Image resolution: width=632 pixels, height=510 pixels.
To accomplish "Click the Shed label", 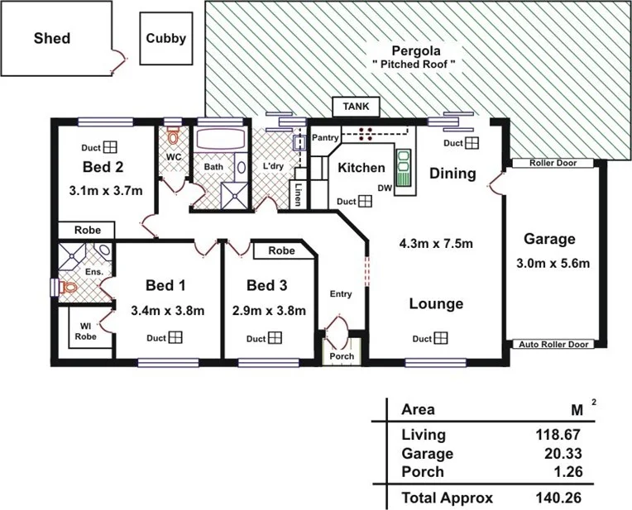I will click(x=51, y=38).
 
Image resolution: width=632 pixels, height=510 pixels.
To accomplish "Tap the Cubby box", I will click(x=166, y=38).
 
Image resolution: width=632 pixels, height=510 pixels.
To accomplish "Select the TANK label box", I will click(x=356, y=107).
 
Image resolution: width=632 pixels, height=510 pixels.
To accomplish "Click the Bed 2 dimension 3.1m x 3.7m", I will click(x=106, y=191).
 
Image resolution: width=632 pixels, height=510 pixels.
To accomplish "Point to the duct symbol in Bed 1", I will click(x=176, y=337).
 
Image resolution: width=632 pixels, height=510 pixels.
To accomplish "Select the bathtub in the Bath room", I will click(x=220, y=138).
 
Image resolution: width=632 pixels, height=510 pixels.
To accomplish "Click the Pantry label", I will click(x=325, y=138).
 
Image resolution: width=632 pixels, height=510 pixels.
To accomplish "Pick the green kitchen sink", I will click(x=405, y=169).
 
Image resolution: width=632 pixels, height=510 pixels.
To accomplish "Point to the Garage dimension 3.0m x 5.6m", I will click(x=548, y=264).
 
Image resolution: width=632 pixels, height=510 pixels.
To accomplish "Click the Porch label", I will click(x=342, y=356).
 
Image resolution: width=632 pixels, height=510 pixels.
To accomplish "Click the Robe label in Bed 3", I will click(x=282, y=250).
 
